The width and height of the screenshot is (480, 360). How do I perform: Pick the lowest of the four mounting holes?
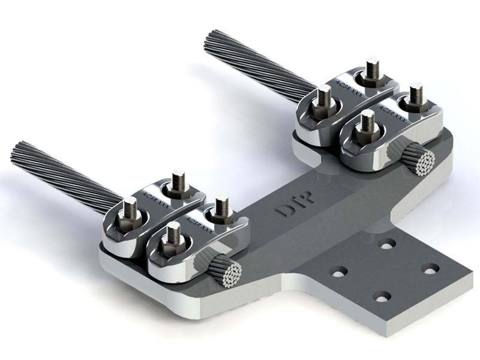click(x=382, y=296)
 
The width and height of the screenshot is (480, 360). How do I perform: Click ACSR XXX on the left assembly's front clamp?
click(x=200, y=224)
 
